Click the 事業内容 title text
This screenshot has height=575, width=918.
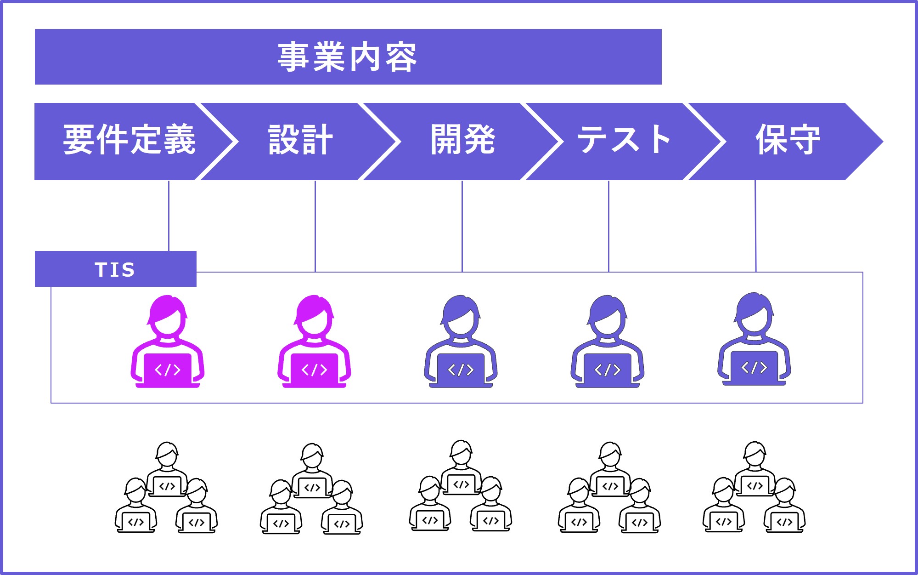[348, 57]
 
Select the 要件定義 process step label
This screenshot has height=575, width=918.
[130, 140]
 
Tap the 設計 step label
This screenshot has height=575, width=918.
[300, 140]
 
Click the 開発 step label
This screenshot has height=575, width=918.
[463, 140]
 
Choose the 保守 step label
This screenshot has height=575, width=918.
[788, 140]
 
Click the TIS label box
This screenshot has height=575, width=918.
[115, 269]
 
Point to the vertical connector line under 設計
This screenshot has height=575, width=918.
[315, 225]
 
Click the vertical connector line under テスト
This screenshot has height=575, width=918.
[608, 225]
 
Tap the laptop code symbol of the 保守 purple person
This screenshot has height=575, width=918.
[754, 367]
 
